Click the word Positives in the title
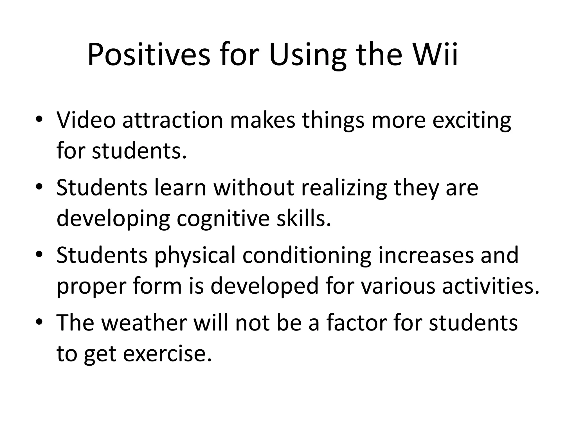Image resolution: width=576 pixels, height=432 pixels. [x=149, y=55]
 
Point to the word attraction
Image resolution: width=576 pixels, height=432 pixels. [x=173, y=120]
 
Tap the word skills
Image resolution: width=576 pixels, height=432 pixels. [x=303, y=219]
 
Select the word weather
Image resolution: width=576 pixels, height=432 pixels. [x=144, y=323]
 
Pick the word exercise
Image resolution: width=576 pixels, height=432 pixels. [x=167, y=354]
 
